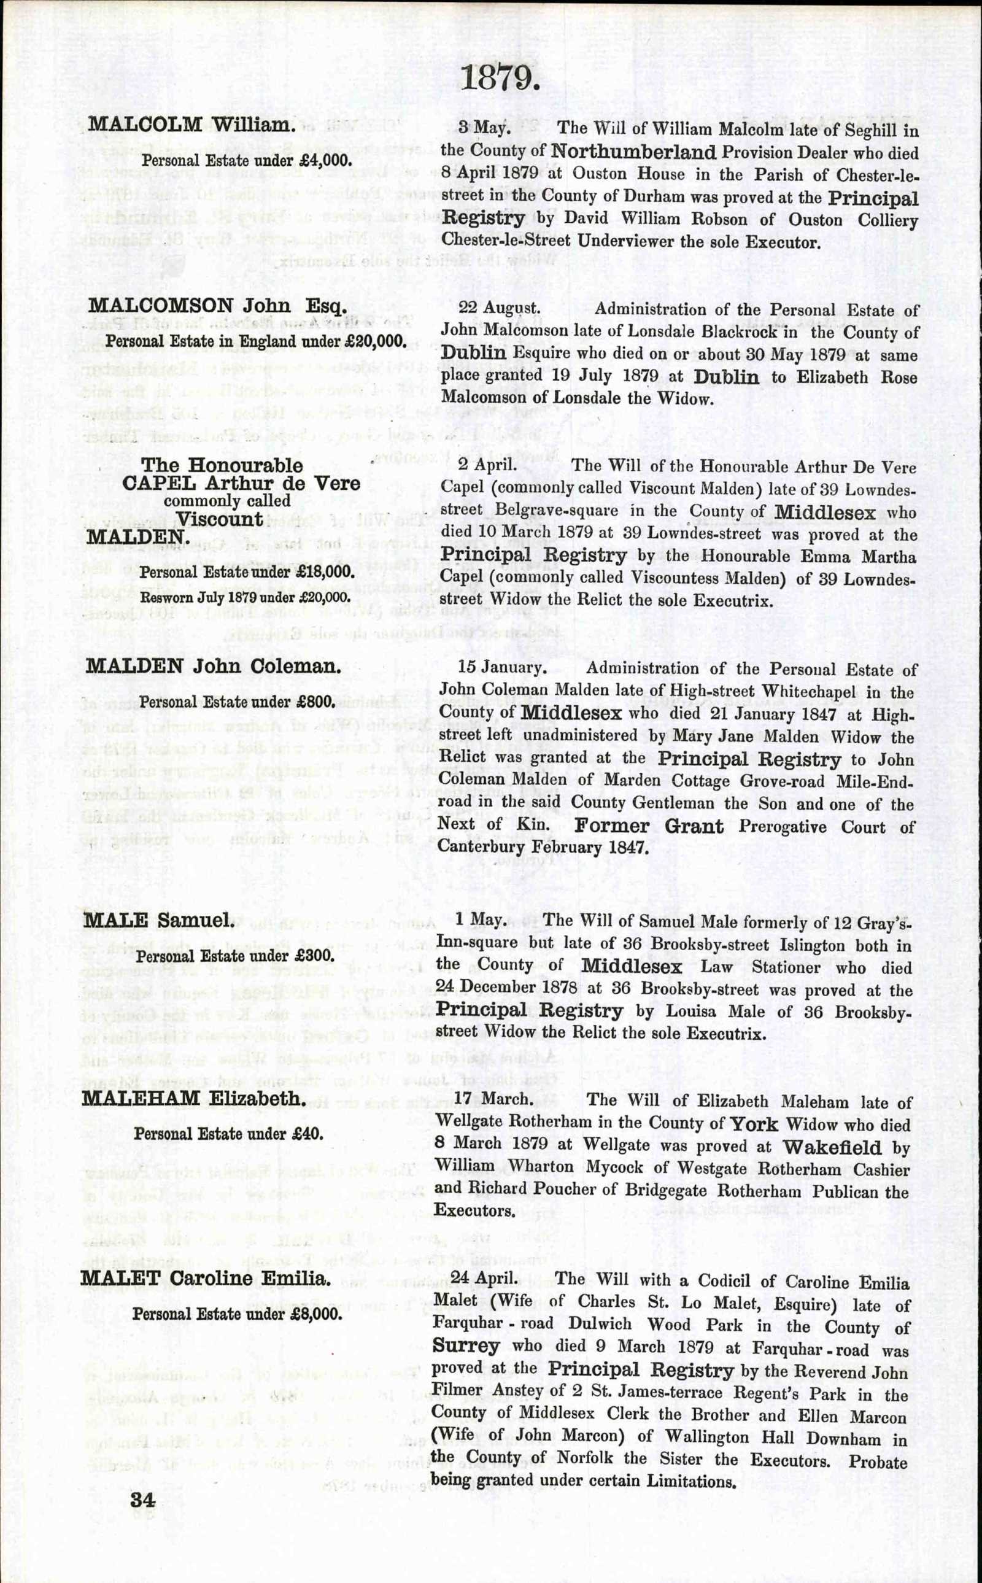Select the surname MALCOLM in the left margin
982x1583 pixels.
[145, 124]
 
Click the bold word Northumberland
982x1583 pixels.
[633, 152]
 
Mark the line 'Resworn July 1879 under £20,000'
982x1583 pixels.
[245, 596]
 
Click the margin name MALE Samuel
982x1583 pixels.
[158, 1115]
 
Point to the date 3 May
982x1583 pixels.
[483, 127]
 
